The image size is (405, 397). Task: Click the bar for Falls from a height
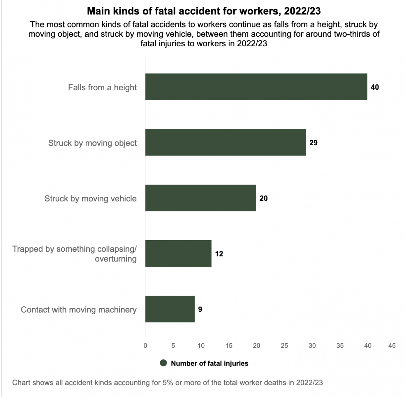256,87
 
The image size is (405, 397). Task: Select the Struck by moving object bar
225,142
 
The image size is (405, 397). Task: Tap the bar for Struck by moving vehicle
200,198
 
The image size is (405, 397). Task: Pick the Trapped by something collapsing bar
178,253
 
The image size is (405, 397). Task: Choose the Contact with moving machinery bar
170,309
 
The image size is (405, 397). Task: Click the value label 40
375,87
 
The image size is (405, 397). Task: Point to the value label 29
313,143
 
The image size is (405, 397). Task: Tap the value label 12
219,254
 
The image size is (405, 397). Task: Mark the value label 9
200,310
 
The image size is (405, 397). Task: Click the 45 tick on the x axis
392,346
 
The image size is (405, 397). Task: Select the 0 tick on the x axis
145,346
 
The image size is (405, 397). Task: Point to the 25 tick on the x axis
284,346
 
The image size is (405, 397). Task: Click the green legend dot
163,363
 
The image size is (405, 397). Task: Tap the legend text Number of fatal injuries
209,363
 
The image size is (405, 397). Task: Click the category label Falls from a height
102,87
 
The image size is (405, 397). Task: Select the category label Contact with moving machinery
78,310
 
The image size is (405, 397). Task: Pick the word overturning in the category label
116,259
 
